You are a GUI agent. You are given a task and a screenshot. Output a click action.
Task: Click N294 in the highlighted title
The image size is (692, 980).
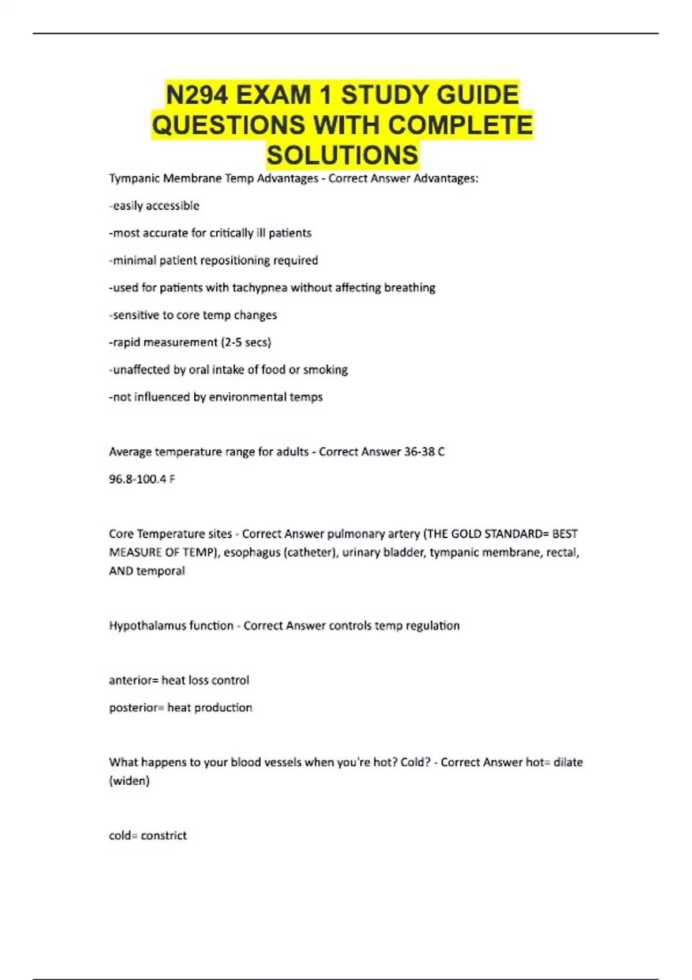click(x=197, y=95)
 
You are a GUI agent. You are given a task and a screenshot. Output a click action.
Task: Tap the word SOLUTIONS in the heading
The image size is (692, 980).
click(x=343, y=155)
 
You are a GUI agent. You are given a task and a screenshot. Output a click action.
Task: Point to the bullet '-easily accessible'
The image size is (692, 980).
click(x=154, y=206)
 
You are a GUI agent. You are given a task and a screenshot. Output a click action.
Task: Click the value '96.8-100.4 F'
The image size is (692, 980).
click(x=142, y=479)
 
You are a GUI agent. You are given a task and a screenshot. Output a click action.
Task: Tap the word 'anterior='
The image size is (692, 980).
click(x=133, y=680)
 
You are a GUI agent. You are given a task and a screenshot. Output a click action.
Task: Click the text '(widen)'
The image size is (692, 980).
click(x=129, y=781)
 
